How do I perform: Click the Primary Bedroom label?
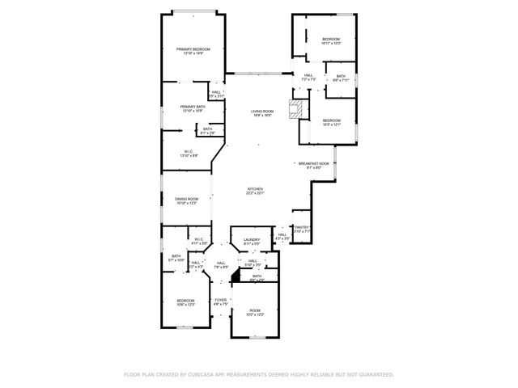[x=193, y=51]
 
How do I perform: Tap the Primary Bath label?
[x=193, y=108]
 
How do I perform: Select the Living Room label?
[x=261, y=112]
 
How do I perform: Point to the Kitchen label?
[x=256, y=191]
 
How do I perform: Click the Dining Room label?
[x=186, y=200]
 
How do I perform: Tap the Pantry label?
[x=302, y=229]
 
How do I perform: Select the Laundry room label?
[x=252, y=241]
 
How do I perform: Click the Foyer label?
[x=219, y=302]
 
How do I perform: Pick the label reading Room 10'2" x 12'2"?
[x=255, y=312]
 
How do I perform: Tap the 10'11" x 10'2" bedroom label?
[x=330, y=40]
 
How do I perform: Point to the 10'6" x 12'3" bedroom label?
[x=186, y=303]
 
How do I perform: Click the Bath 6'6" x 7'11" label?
[x=341, y=78]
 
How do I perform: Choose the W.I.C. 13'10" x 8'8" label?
[x=188, y=153]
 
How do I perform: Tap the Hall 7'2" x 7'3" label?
[x=308, y=78]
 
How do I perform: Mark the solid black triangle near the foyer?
[x=236, y=277]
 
